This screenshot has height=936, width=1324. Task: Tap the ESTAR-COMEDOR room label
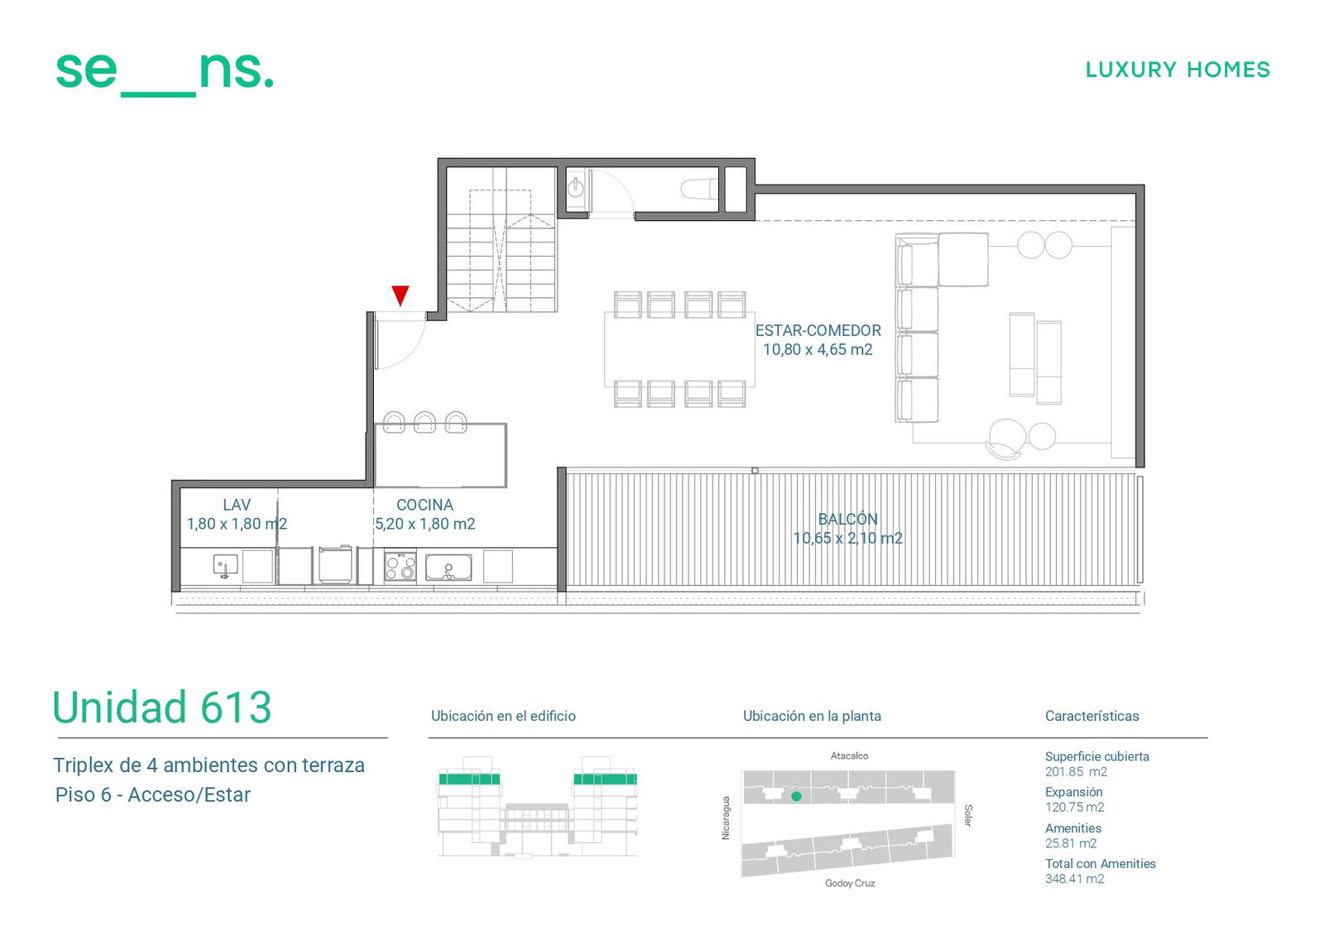[x=818, y=330]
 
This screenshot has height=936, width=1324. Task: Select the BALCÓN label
[x=847, y=519]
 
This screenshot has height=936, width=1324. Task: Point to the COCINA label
[x=425, y=505]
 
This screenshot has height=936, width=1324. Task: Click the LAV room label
[x=237, y=505]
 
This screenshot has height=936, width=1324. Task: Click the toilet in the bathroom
[x=698, y=190]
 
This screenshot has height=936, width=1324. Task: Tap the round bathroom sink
[x=576, y=189]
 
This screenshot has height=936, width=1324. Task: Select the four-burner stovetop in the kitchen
[x=401, y=566]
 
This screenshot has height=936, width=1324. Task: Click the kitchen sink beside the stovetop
[x=449, y=568]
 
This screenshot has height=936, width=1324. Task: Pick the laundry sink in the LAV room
[x=225, y=566]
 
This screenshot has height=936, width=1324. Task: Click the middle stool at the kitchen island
[x=425, y=422]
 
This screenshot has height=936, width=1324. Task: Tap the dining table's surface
[x=679, y=349]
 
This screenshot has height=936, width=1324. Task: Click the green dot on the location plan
[x=796, y=796]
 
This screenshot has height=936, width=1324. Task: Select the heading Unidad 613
[x=162, y=707]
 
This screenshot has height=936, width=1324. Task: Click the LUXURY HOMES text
[x=1178, y=70]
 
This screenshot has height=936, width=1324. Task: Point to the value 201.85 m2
[x=1076, y=771]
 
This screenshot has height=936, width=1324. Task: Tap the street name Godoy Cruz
[x=850, y=883]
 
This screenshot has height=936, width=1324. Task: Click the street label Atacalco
[x=849, y=756]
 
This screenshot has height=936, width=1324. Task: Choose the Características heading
[x=1091, y=716]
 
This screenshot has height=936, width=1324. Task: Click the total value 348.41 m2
[x=1074, y=879]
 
